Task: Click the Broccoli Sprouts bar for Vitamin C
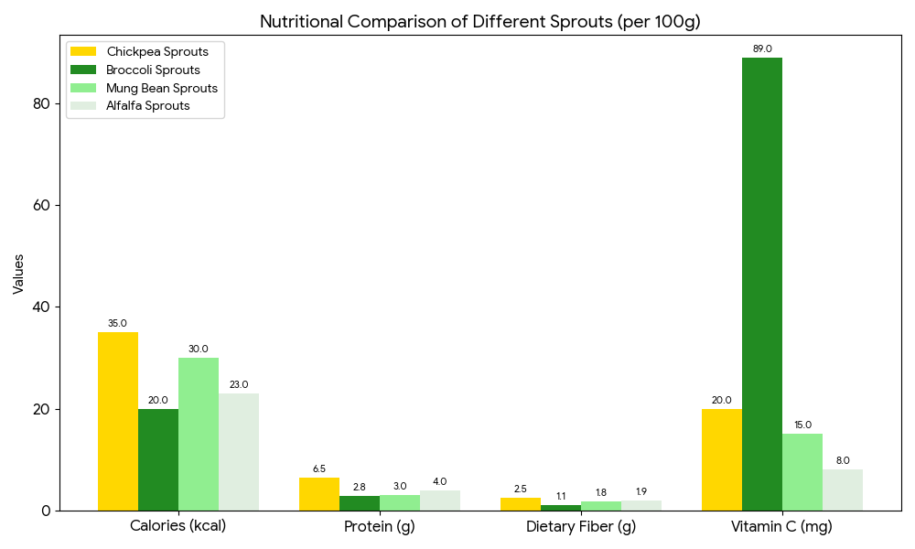761,284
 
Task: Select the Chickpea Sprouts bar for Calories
118,421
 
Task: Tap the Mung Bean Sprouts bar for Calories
199,434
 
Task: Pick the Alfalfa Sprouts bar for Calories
239,452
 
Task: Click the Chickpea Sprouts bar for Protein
319,494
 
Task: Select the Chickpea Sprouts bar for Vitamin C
721,459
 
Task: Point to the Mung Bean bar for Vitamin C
802,472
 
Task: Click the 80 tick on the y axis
40,103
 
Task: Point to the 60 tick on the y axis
40,205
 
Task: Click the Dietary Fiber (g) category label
580,527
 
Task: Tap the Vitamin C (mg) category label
781,527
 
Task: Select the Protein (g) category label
379,527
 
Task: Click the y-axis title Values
18,274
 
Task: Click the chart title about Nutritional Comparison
479,22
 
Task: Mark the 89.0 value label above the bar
761,48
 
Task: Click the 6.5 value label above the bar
319,469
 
